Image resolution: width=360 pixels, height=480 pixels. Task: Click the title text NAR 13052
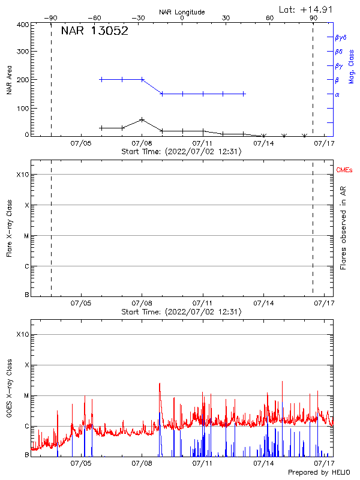tap(94, 32)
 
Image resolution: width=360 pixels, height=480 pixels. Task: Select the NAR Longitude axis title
tap(182, 11)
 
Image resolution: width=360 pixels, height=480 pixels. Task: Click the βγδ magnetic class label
tap(340, 37)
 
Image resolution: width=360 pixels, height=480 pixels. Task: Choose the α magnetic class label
tap(337, 94)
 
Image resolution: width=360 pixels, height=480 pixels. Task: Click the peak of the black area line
tap(142, 119)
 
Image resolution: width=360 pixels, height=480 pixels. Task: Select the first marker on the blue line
tap(101, 79)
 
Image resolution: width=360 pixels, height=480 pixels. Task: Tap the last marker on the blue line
tap(244, 94)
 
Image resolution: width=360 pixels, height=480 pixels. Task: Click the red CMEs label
tap(345, 171)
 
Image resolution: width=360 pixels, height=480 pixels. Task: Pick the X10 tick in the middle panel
tap(22, 175)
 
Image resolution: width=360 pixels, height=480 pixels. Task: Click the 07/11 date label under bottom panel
tap(203, 463)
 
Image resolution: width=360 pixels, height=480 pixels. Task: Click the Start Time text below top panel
tap(181, 152)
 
